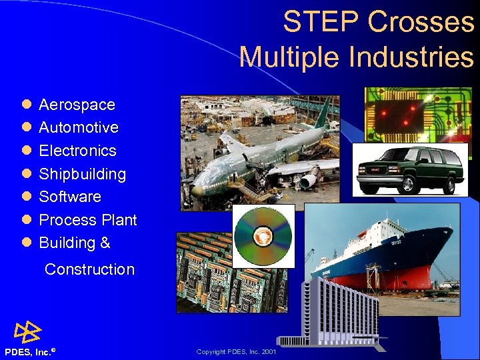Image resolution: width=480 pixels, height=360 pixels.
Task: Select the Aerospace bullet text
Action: coord(77,105)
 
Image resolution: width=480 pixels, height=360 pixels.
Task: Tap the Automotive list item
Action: coord(79,127)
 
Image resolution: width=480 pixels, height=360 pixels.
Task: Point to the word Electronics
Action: coord(77,151)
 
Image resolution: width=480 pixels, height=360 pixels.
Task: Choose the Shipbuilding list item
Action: coord(82,174)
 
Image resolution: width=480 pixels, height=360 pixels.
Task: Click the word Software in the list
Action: coord(70,197)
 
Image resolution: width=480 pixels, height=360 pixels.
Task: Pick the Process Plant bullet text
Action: coord(87,220)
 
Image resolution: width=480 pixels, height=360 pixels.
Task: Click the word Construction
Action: coord(89,269)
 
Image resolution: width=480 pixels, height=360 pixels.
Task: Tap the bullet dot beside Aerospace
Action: coord(25,105)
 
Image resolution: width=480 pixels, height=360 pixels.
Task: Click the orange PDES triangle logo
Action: coord(28,331)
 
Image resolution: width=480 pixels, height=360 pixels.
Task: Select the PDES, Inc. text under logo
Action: coord(28,352)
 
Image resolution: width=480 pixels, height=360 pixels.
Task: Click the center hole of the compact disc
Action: coord(263,235)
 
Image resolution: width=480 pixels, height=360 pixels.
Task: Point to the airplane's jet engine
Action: coord(309,180)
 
